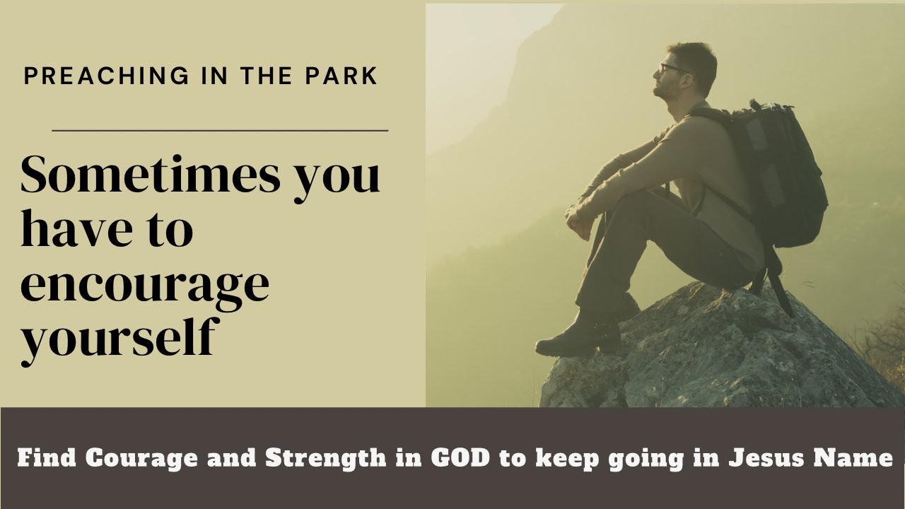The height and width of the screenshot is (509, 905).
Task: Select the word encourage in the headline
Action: click(x=145, y=284)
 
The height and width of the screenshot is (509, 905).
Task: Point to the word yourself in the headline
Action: click(x=117, y=338)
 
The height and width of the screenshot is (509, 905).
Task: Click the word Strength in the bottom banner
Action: click(x=326, y=458)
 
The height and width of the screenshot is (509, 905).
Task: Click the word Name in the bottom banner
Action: click(x=853, y=458)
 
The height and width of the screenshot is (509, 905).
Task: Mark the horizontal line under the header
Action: click(x=220, y=130)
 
